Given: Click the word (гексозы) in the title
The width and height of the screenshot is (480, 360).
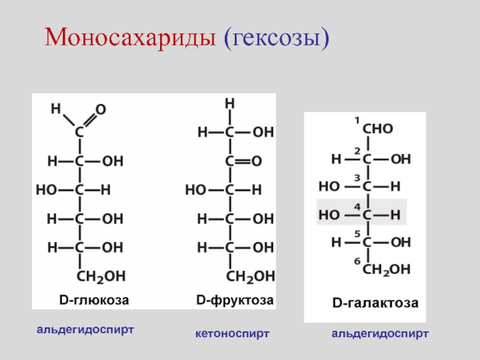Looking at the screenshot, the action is click(x=277, y=40).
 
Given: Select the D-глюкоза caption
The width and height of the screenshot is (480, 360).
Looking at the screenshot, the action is click(x=94, y=299).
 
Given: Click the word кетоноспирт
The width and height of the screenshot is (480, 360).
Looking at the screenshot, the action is click(x=232, y=332).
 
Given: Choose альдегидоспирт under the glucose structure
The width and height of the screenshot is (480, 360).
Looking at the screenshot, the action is click(x=85, y=330).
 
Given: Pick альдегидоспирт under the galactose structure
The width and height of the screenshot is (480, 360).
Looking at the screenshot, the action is click(x=380, y=332).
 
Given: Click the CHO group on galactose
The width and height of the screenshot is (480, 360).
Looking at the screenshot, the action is click(x=378, y=128).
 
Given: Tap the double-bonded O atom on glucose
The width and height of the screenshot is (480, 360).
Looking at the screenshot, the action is click(x=101, y=110).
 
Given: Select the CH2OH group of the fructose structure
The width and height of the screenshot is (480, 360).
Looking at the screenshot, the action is click(x=250, y=276).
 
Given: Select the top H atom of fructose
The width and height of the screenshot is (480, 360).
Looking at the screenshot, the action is click(x=229, y=104).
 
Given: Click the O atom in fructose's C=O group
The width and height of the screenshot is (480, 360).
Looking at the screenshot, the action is click(x=257, y=161).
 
